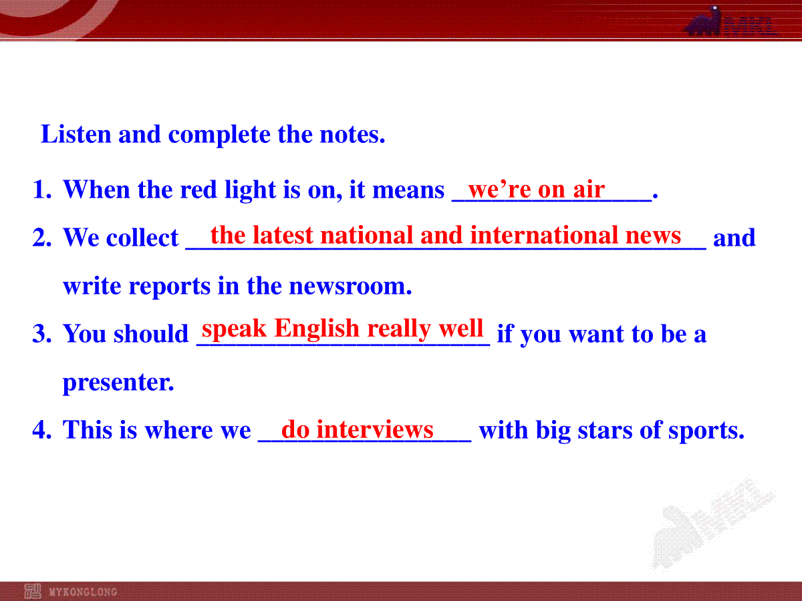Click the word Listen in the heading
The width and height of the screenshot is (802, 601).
tap(76, 134)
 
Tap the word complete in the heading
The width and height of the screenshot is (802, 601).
tap(219, 136)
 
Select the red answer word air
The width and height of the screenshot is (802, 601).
tap(589, 190)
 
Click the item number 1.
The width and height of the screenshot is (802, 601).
tap(42, 190)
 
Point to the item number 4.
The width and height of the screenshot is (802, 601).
tap(42, 429)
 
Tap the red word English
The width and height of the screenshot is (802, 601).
tap(317, 329)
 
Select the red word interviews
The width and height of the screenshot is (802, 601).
tap(375, 429)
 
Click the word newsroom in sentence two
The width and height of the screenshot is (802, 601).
tap(350, 286)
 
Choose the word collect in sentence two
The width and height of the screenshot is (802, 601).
tap(142, 238)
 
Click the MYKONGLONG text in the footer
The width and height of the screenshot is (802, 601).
tap(83, 592)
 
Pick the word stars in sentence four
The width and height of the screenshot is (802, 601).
tap(605, 430)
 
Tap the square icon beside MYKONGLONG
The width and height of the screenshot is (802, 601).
tap(33, 592)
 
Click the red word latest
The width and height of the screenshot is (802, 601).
tap(283, 235)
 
